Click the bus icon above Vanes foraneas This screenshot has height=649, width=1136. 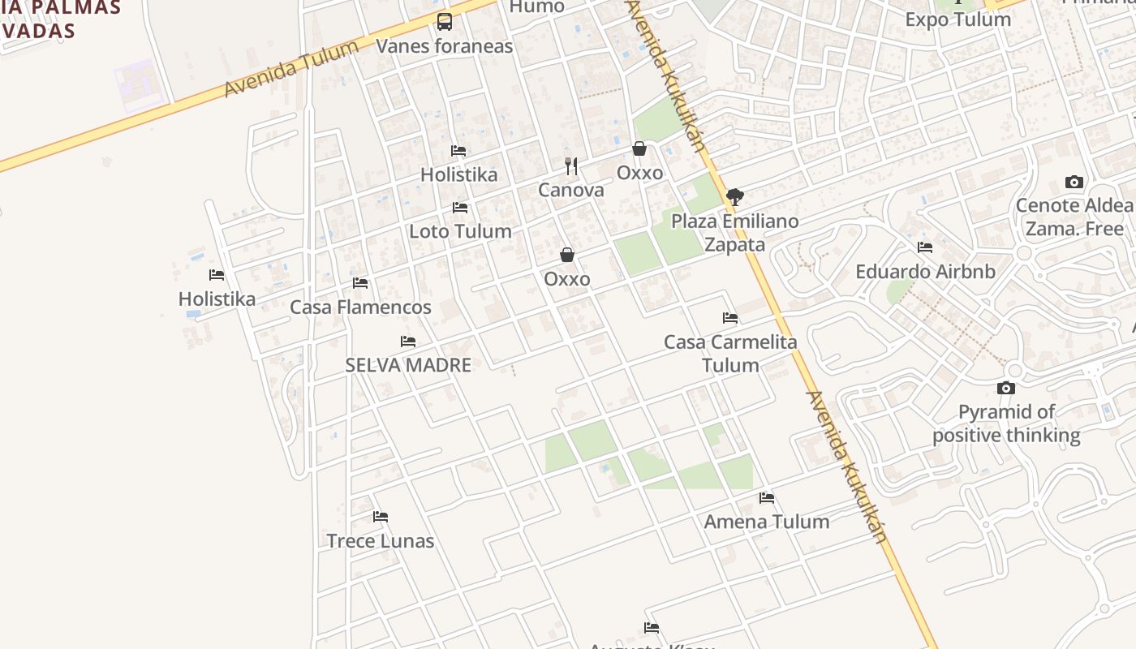444,22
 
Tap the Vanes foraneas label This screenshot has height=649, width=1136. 444,46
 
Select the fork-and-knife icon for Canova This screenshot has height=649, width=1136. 571,166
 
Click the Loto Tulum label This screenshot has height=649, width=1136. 460,231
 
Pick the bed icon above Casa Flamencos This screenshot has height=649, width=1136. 360,283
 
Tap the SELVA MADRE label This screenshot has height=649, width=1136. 408,365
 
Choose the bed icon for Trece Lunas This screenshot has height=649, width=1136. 381,517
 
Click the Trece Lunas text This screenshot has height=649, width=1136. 381,541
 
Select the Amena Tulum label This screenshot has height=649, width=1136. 767,522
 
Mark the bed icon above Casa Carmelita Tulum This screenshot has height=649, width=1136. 730,318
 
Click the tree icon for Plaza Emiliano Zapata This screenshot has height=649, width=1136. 734,196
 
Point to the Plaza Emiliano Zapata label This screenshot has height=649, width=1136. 734,233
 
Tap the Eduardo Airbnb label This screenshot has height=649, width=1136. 925,272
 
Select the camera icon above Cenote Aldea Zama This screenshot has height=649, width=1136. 1074,183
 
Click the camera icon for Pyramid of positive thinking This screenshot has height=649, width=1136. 1006,389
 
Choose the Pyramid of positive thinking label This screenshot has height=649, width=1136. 1006,423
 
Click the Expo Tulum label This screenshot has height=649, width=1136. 957,19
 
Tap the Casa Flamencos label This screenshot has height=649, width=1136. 360,307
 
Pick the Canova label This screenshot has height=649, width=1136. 571,191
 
